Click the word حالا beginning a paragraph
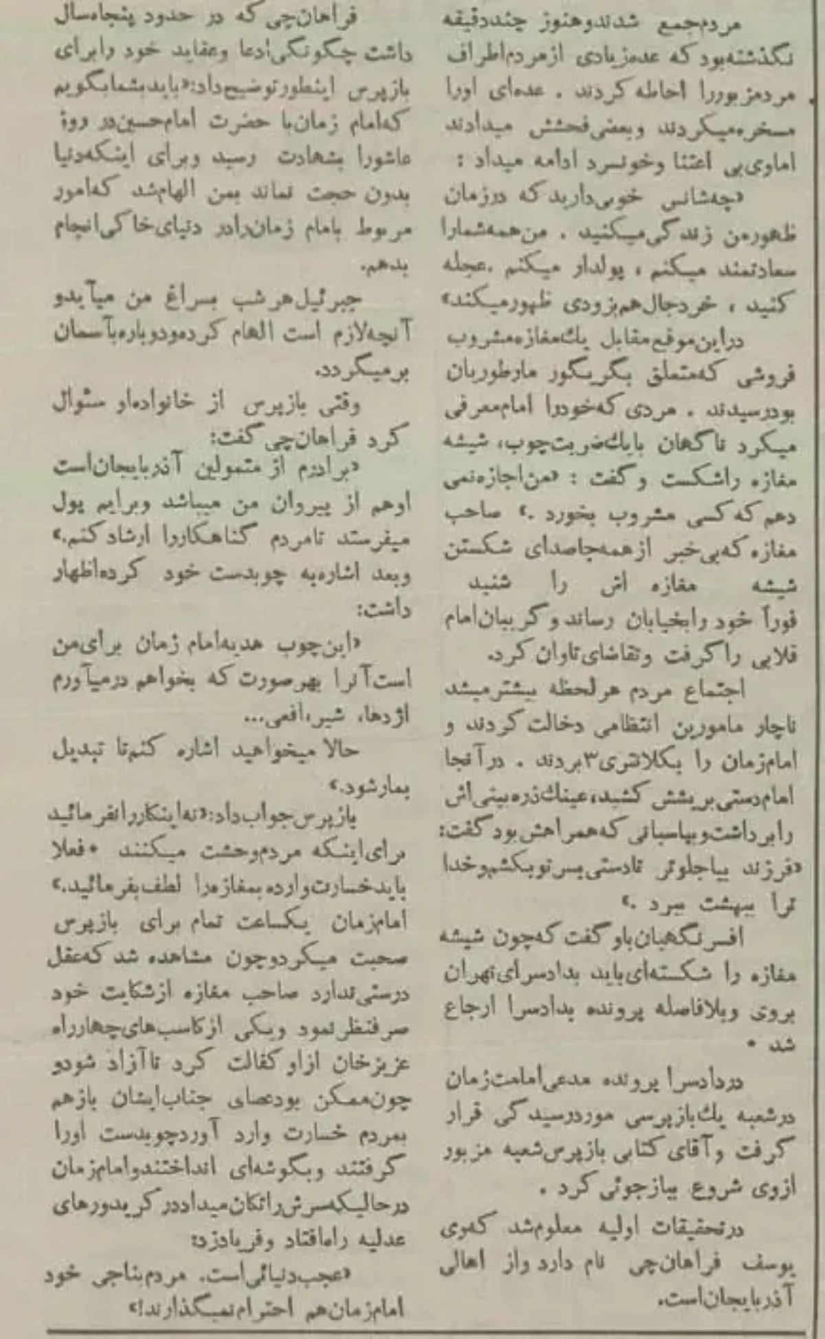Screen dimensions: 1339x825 coord(337,750)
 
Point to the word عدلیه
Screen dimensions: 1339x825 coord(382,1239)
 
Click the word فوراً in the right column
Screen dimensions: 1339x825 coord(778,621)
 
